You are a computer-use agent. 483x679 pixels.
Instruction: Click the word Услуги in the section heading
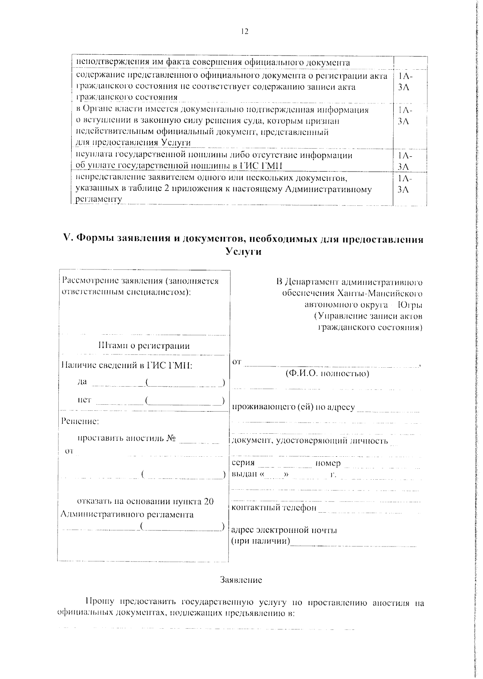click(x=244, y=252)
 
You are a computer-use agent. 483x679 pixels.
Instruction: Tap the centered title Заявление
click(x=241, y=580)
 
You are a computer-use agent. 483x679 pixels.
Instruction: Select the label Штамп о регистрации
click(x=144, y=346)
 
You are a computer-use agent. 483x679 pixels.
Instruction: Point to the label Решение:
click(x=80, y=421)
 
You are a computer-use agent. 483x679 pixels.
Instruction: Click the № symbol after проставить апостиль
click(x=172, y=438)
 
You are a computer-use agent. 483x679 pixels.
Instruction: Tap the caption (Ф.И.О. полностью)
click(x=327, y=373)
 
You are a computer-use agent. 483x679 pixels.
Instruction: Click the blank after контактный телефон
click(x=360, y=509)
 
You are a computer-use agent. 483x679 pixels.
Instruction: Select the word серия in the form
click(x=244, y=463)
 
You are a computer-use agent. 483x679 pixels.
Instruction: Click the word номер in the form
click(x=328, y=463)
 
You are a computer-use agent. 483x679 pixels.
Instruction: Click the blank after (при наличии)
click(x=353, y=542)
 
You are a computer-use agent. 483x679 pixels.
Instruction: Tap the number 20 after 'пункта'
click(x=208, y=501)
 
